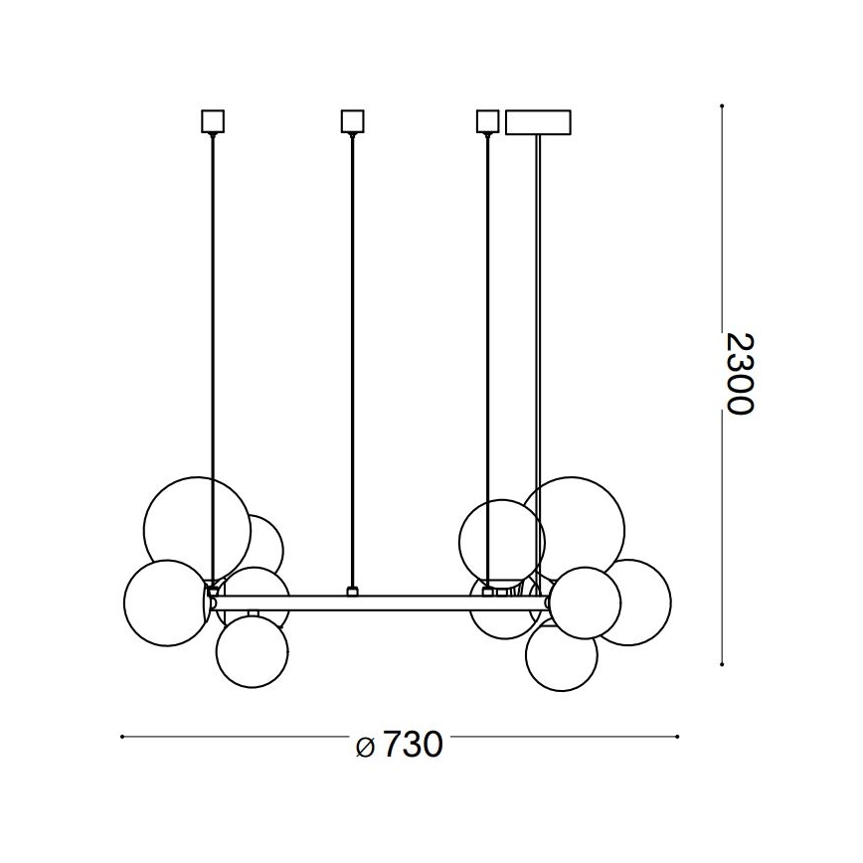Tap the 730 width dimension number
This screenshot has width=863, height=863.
point(411,745)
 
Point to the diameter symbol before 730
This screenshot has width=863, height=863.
point(365,747)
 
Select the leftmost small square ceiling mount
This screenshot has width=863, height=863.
point(212,121)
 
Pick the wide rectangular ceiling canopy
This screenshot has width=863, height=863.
point(539,121)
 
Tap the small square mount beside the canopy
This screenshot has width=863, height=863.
point(486,121)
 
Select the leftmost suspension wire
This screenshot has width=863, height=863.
point(212,358)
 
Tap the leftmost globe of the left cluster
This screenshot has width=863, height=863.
point(163,601)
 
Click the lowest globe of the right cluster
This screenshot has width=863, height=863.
point(562,657)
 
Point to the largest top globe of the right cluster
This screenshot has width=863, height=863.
point(575,525)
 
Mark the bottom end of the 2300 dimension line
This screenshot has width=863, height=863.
point(720,663)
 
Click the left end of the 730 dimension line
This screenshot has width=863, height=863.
point(121,737)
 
